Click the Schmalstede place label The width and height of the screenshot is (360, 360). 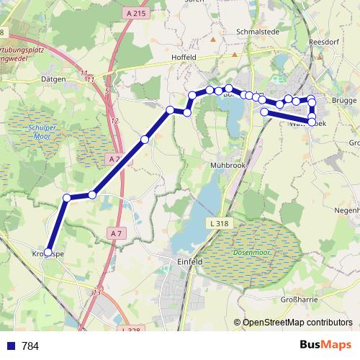click(x=257, y=32)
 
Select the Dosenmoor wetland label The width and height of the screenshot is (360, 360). click(x=250, y=252)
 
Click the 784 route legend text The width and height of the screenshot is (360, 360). click(x=30, y=346)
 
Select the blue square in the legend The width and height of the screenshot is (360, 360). click(x=10, y=346)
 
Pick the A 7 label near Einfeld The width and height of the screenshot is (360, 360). click(x=117, y=233)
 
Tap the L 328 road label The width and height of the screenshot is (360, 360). click(x=130, y=330)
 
